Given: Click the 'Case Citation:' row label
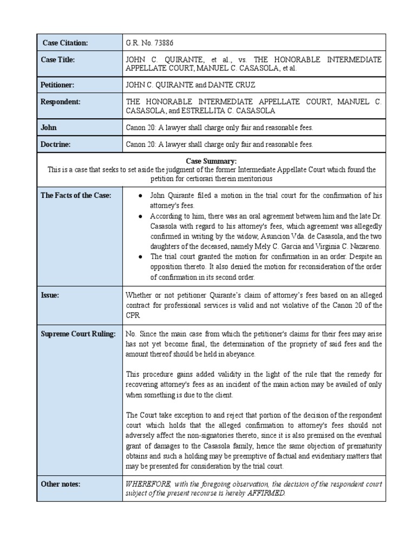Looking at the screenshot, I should click(65, 43).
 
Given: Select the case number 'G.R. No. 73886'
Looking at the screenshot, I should click(150, 43).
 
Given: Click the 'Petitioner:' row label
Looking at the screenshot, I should click(58, 85).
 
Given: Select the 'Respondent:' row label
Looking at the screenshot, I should click(61, 101).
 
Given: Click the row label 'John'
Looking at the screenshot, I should click(49, 127).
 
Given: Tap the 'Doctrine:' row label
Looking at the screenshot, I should click(56, 144).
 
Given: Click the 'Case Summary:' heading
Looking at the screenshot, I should click(211, 161).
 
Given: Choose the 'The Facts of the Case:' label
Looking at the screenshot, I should click(76, 195).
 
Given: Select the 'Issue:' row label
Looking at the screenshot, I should click(50, 295).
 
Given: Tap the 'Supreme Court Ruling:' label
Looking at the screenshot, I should click(78, 334).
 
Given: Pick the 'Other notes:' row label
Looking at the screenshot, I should click(61, 484).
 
